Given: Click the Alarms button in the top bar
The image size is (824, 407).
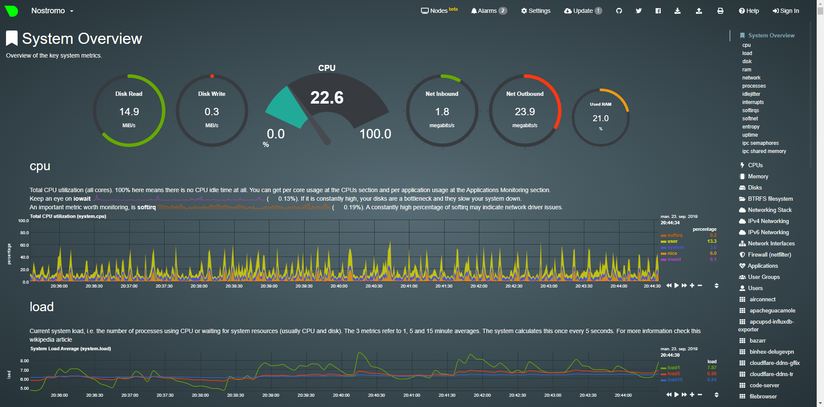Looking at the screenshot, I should [x=488, y=11].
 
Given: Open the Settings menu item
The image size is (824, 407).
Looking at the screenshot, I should [x=536, y=11].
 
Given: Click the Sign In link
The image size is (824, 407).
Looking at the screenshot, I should [x=786, y=11].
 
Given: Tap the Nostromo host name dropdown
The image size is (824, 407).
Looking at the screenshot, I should [x=52, y=11].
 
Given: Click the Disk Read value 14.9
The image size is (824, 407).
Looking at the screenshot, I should [x=129, y=112].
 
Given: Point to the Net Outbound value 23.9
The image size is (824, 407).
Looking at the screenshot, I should [x=525, y=112].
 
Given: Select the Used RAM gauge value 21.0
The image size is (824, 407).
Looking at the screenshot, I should [x=600, y=118].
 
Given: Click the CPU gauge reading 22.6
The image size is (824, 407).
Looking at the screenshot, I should [x=327, y=98].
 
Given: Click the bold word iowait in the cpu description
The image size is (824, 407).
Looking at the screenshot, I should [x=82, y=199].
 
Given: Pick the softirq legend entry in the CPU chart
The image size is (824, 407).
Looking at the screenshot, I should [x=674, y=235].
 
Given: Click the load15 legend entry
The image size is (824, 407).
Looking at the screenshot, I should [x=674, y=379].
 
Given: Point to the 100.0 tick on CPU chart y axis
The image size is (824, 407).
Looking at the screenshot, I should [x=24, y=220].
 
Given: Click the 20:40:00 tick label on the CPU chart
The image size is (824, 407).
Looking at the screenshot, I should [x=339, y=286].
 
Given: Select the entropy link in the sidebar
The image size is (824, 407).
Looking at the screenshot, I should [x=751, y=127].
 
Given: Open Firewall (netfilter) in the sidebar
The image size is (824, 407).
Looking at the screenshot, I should [x=769, y=254].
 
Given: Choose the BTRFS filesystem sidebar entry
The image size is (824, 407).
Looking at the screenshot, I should [x=770, y=199].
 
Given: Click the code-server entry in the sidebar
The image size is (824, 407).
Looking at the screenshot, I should [x=764, y=385].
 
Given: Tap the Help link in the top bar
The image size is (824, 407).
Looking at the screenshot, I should [x=749, y=11].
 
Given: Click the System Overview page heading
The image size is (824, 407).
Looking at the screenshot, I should [x=82, y=39].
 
